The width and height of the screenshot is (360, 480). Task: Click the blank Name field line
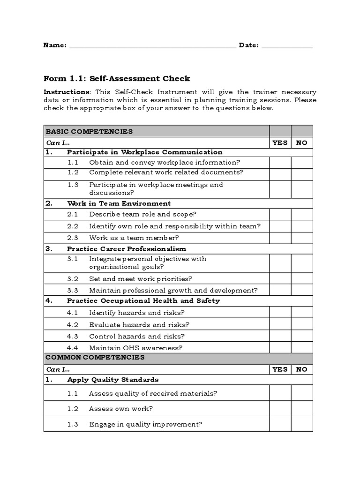point(152,46)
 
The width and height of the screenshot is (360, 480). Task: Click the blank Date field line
point(287,46)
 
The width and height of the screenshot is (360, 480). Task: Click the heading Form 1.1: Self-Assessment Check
point(117,79)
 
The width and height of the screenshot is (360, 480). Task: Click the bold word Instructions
point(66,92)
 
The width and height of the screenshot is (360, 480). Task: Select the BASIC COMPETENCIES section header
point(89,132)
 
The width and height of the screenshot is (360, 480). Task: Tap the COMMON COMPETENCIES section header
point(95,358)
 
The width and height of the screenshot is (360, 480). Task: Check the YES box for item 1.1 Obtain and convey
point(280,163)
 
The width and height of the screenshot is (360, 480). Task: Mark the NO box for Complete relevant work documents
point(302,172)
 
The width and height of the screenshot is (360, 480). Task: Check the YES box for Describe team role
point(280,215)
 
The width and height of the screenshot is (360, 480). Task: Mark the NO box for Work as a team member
point(302,238)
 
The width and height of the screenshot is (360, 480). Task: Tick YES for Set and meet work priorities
point(280,279)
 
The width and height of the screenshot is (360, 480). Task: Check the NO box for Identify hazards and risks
point(302,313)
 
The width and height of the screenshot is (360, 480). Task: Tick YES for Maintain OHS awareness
point(280,348)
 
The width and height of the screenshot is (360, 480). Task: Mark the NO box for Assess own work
point(302,409)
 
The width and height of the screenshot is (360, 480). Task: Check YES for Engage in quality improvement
point(280,424)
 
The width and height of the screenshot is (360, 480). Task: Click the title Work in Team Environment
point(119,203)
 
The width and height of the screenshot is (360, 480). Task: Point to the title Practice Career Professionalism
point(127,249)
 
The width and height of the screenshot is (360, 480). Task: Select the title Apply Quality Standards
point(112,380)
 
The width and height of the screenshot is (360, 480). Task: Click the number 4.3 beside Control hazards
point(73,336)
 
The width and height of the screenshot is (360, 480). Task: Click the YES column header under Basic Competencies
point(280,143)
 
